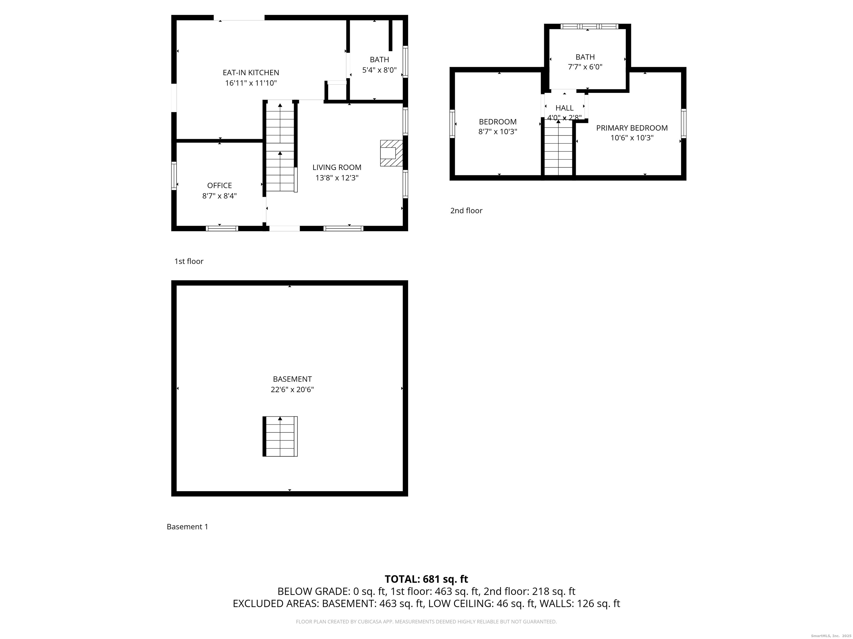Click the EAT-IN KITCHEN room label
coord(251,72)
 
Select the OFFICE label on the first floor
coord(219,185)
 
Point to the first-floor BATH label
coord(379,60)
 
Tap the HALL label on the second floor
coord(564,108)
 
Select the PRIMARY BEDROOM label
coord(632,128)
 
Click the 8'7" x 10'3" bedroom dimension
coord(498,132)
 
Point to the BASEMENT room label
coord(292,379)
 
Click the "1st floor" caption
coord(189,261)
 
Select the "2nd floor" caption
coord(466,211)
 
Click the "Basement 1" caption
coord(187,526)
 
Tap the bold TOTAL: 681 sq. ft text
coord(426,579)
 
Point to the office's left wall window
coord(174,176)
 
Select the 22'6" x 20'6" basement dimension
coord(292,389)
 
